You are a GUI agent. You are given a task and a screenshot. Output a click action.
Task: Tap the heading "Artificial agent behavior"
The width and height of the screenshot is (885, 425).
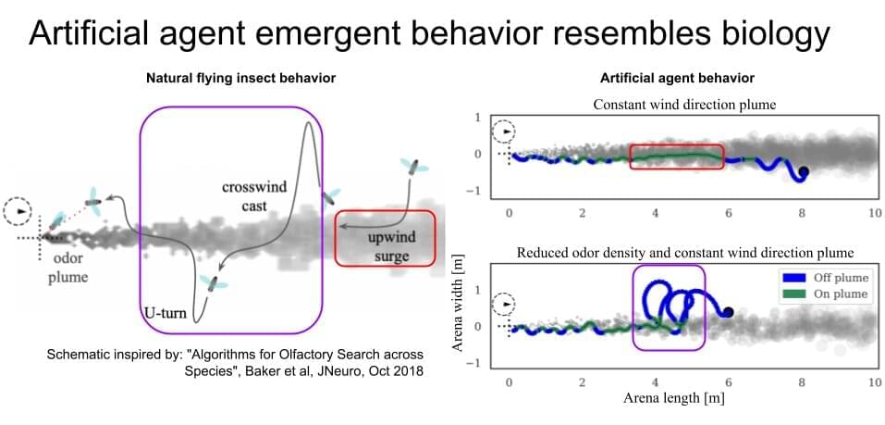click(x=678, y=78)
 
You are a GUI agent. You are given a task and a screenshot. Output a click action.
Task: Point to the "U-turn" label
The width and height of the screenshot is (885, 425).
click(x=166, y=313)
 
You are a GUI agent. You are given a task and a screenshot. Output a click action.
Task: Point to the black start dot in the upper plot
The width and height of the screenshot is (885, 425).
click(x=804, y=171)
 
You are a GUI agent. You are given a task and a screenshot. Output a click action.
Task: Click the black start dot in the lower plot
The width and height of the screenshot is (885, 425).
click(x=729, y=312)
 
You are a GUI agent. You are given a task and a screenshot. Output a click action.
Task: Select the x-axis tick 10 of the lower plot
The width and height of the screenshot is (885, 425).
click(x=874, y=382)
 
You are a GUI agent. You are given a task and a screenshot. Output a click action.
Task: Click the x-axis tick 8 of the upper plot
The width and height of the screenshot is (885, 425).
click(x=802, y=213)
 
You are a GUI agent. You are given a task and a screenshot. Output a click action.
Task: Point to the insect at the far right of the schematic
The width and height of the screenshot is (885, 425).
click(x=412, y=168)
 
